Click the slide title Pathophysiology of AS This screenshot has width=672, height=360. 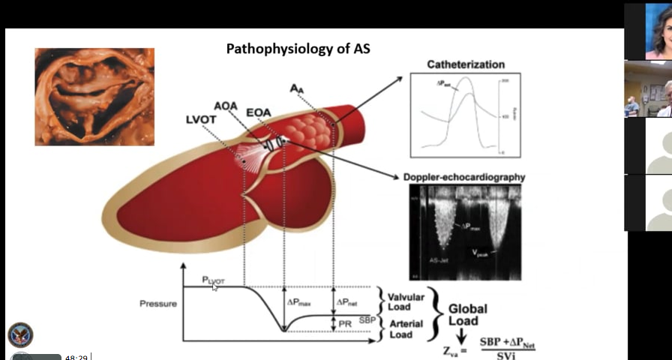(298, 49)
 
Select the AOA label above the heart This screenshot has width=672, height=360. (225, 106)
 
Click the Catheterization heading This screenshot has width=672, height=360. (466, 64)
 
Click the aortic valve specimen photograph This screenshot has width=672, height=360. (94, 96)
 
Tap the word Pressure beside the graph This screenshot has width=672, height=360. (158, 304)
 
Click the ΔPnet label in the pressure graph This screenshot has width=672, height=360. (347, 301)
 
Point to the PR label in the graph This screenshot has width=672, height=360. (346, 323)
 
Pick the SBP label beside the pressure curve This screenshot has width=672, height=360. (367, 319)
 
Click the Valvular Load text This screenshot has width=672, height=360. (406, 301)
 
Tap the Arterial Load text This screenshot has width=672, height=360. (405, 329)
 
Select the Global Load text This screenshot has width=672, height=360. (468, 314)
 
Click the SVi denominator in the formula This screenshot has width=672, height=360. (511, 354)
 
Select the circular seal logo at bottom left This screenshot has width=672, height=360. (20, 335)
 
